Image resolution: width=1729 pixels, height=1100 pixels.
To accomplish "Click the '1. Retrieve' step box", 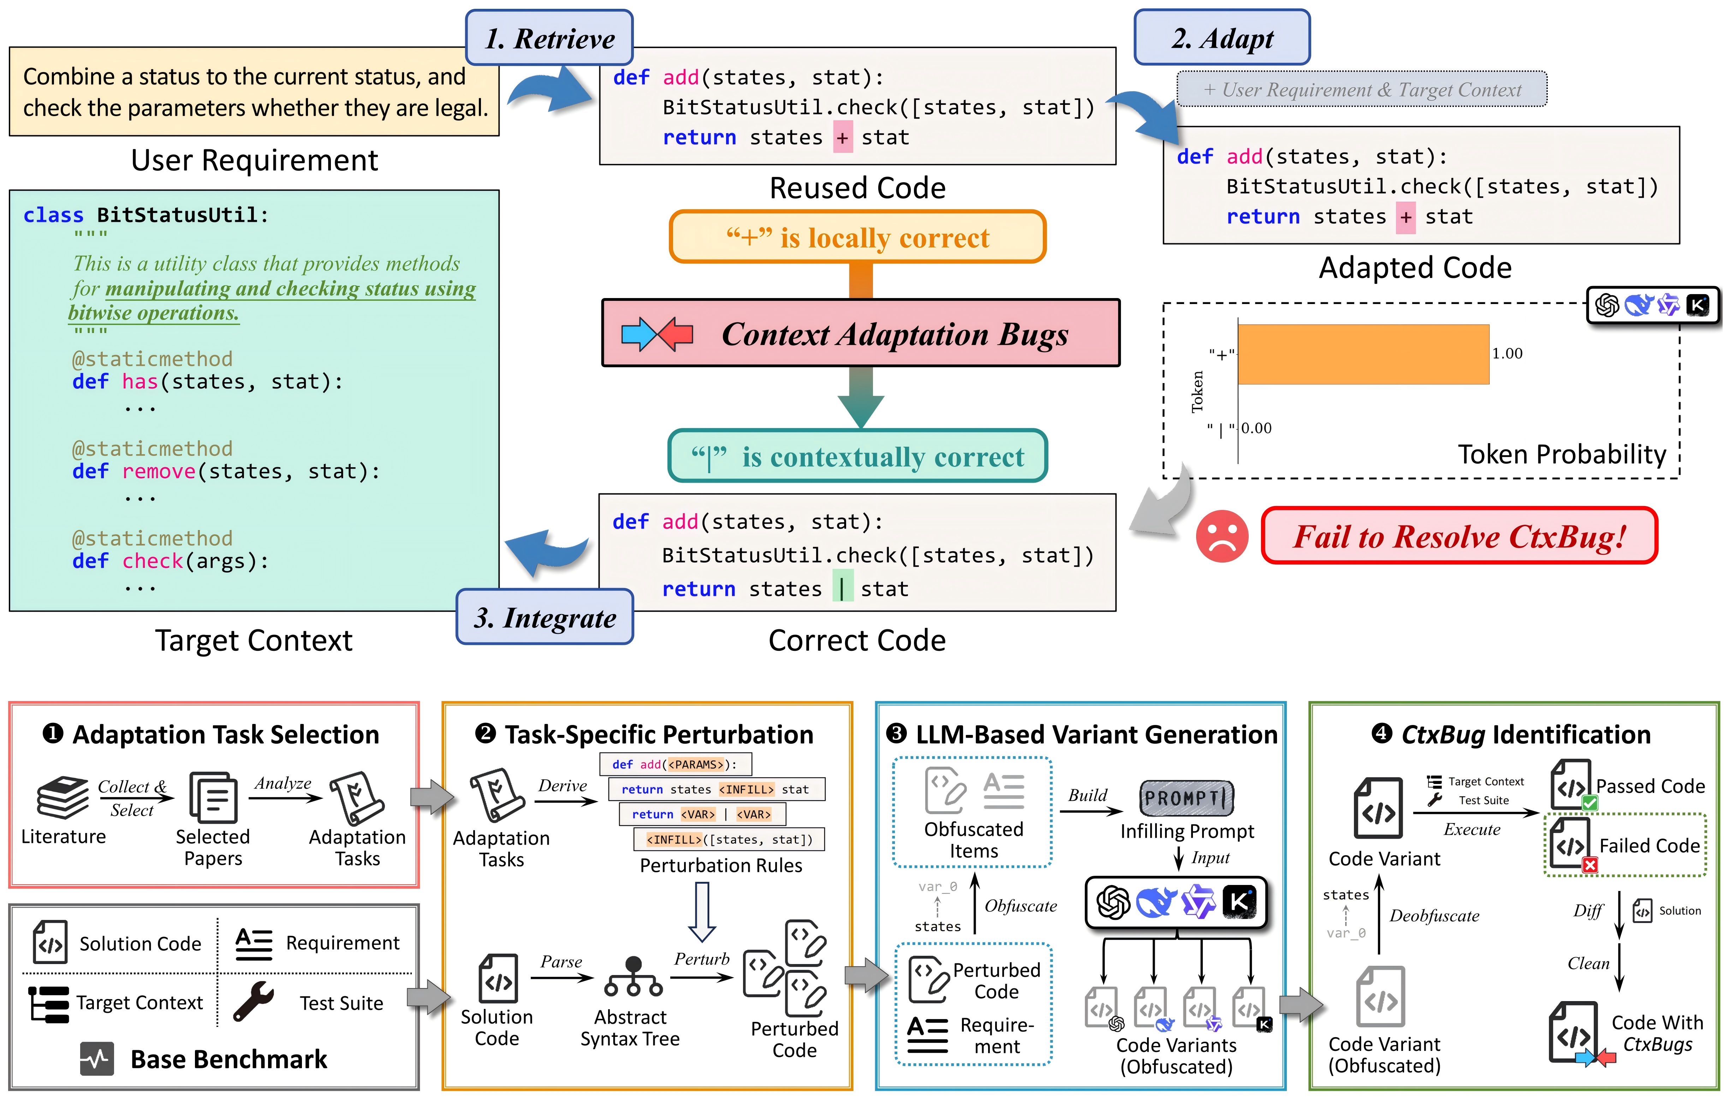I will (x=549, y=38).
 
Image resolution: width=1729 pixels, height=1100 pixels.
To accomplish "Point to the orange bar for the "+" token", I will (x=1363, y=355).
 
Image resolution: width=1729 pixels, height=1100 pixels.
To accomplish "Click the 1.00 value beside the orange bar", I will (x=1507, y=353).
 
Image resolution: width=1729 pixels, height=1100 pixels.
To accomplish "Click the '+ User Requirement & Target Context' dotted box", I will (x=1362, y=90).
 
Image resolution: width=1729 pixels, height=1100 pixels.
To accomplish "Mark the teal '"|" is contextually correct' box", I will (x=857, y=457).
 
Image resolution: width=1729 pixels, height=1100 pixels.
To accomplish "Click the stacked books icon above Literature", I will (x=63, y=797).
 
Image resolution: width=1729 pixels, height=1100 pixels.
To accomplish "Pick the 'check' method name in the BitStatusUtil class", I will (x=152, y=561).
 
